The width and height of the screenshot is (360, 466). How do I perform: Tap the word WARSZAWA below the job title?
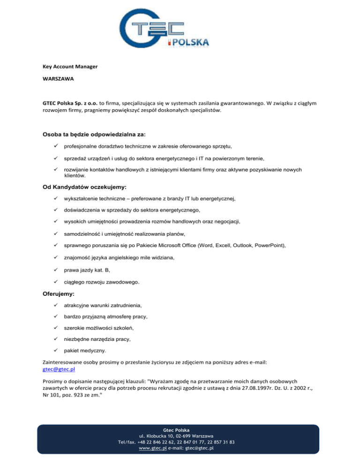click(58, 79)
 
